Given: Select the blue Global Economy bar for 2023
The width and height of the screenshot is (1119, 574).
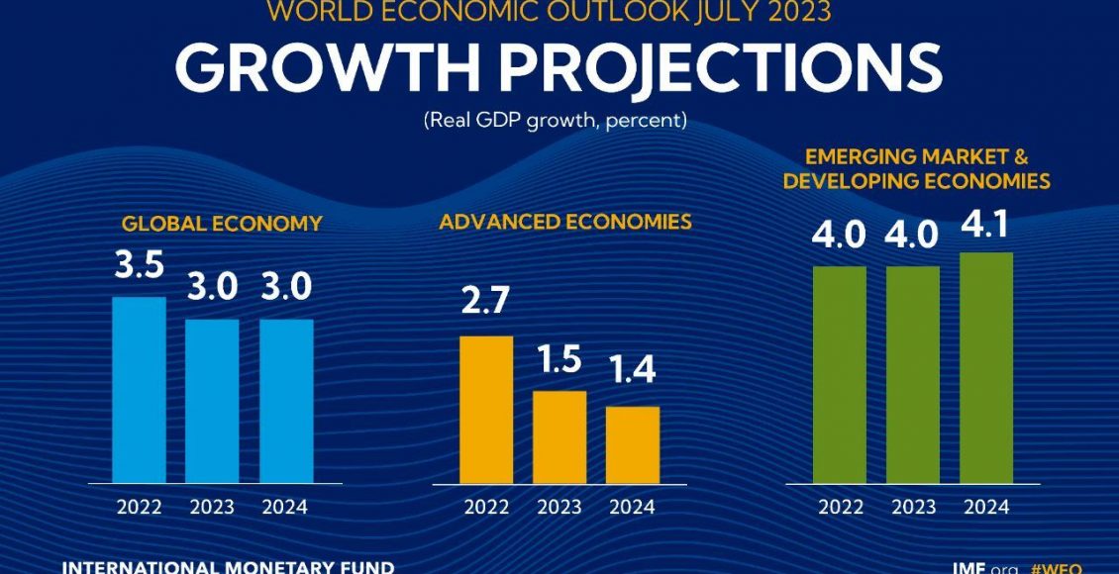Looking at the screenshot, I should coord(212,401).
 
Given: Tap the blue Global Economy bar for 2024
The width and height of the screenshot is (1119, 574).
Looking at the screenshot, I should coord(286,401).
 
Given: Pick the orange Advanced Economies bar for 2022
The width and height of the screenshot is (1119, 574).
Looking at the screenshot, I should coord(486,410).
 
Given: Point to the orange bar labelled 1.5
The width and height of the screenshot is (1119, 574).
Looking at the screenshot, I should coord(559,436).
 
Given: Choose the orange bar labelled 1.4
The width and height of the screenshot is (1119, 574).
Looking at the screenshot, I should coord(633,444).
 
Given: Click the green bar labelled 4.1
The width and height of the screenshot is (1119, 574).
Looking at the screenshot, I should coord(986,367).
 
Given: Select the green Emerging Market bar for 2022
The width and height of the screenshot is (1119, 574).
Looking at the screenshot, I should coord(840,374).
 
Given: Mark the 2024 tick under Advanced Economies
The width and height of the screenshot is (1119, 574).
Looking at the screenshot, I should coord(633,508).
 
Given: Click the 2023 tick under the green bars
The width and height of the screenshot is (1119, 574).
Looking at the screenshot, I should coord(913,508).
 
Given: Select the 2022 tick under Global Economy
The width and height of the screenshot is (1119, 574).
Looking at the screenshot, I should coord(139,508).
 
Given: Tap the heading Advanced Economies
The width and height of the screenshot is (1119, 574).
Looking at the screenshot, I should coord(565,222).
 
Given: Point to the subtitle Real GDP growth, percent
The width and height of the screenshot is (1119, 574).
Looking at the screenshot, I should coord(556,121).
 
